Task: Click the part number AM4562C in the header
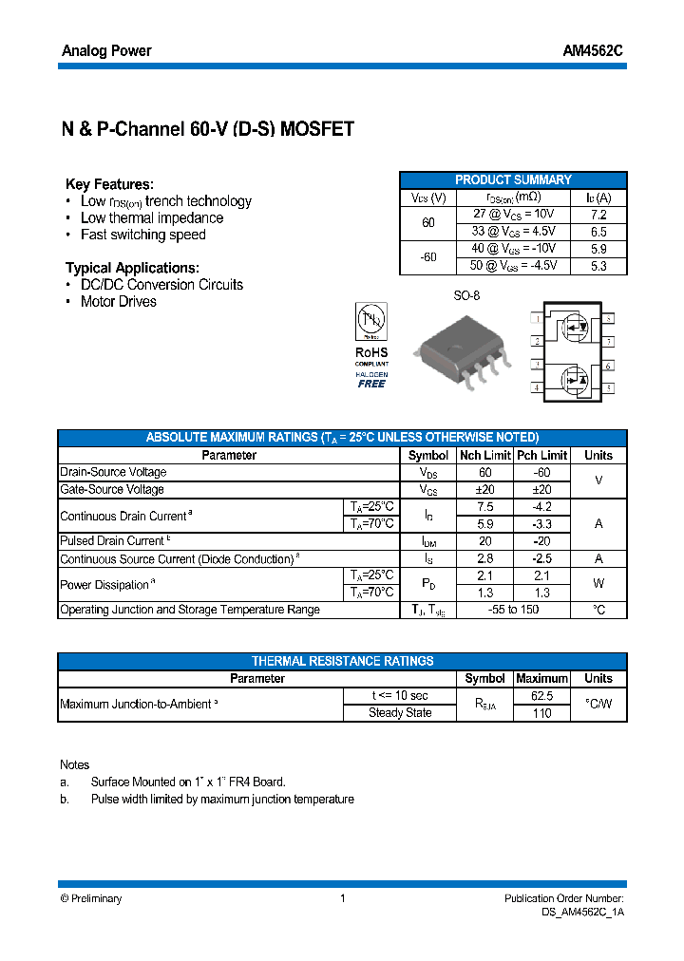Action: pyautogui.click(x=595, y=51)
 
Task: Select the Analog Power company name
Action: pyautogui.click(x=106, y=51)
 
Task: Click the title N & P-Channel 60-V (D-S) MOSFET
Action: pyautogui.click(x=208, y=130)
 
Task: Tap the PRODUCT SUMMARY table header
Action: pyautogui.click(x=513, y=179)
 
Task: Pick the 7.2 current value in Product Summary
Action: pyautogui.click(x=598, y=215)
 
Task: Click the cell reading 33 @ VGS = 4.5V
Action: pyautogui.click(x=513, y=232)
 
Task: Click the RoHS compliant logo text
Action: pyautogui.click(x=371, y=353)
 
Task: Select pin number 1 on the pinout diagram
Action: pyautogui.click(x=537, y=319)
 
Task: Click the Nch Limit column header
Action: pyautogui.click(x=485, y=455)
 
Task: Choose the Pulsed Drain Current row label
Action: pyautogui.click(x=113, y=541)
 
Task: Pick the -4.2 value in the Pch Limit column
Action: pyautogui.click(x=541, y=507)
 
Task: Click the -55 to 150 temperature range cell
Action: pyautogui.click(x=513, y=610)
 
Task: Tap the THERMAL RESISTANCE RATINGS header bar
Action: pyautogui.click(x=342, y=661)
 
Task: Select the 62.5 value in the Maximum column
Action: pyautogui.click(x=541, y=696)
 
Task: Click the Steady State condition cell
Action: pyautogui.click(x=400, y=713)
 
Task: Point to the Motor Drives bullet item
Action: pyautogui.click(x=119, y=302)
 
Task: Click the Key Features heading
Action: pyautogui.click(x=109, y=184)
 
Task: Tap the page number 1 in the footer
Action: pyautogui.click(x=342, y=898)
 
